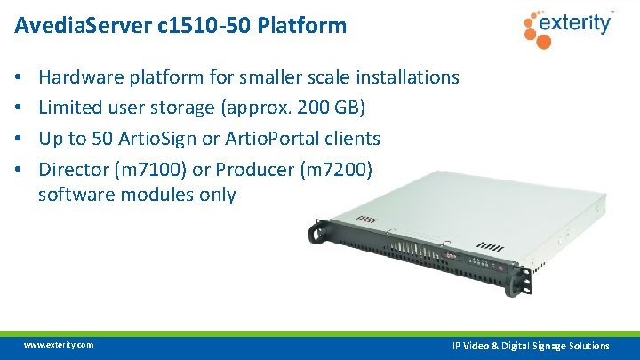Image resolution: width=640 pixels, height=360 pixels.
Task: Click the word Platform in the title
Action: point(302,26)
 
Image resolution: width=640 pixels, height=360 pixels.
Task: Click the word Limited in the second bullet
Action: point(69,108)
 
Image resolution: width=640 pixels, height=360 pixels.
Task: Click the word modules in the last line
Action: point(156,195)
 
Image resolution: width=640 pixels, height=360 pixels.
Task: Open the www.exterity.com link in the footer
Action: point(59,345)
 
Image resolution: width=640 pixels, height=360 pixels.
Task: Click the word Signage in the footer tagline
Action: point(556,346)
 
